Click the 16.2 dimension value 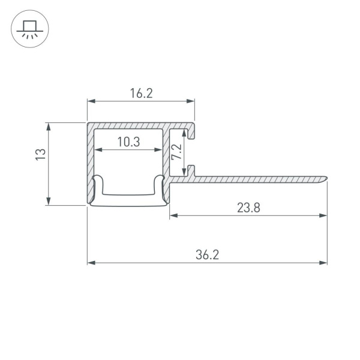click(141, 93)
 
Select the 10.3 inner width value click(128, 142)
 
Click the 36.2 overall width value click(207, 254)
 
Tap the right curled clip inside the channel click(159, 187)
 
